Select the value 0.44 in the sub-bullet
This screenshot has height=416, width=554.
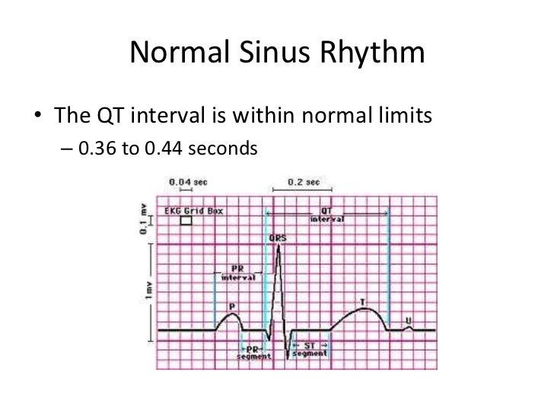(x=163, y=148)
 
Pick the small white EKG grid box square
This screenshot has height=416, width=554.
(x=185, y=221)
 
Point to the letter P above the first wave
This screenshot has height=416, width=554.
(x=231, y=305)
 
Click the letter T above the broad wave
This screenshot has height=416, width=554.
(x=362, y=302)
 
